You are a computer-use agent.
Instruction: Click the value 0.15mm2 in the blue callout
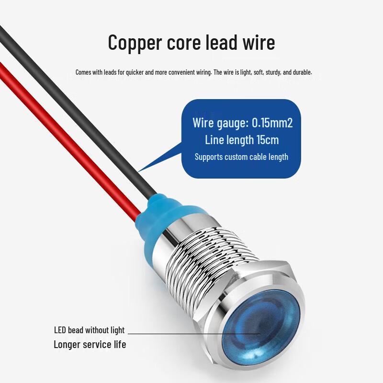click(272, 123)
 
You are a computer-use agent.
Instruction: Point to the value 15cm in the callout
click(268, 140)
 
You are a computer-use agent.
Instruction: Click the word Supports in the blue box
click(208, 157)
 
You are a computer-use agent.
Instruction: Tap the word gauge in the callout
click(232, 123)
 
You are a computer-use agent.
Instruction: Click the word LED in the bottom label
click(60, 330)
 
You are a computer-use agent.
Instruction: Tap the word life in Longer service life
click(120, 344)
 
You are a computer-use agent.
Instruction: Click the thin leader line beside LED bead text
click(194, 334)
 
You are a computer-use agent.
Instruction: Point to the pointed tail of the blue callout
click(138, 171)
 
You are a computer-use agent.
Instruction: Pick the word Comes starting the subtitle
click(83, 72)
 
